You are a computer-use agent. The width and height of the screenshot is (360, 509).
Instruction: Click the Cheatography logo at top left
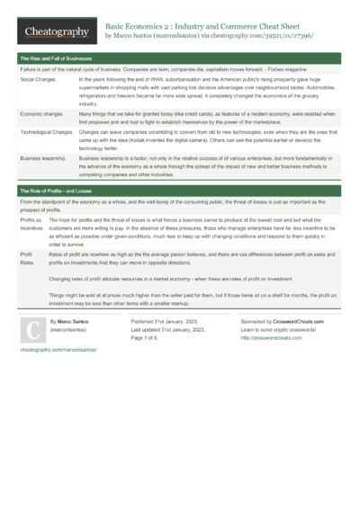pyautogui.click(x=57, y=31)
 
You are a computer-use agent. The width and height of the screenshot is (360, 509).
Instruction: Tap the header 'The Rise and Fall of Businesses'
pyautogui.click(x=55, y=58)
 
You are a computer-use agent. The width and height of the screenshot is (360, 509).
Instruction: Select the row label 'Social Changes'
pyautogui.click(x=39, y=80)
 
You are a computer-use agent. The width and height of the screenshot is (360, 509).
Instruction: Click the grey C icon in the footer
pyautogui.click(x=32, y=333)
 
